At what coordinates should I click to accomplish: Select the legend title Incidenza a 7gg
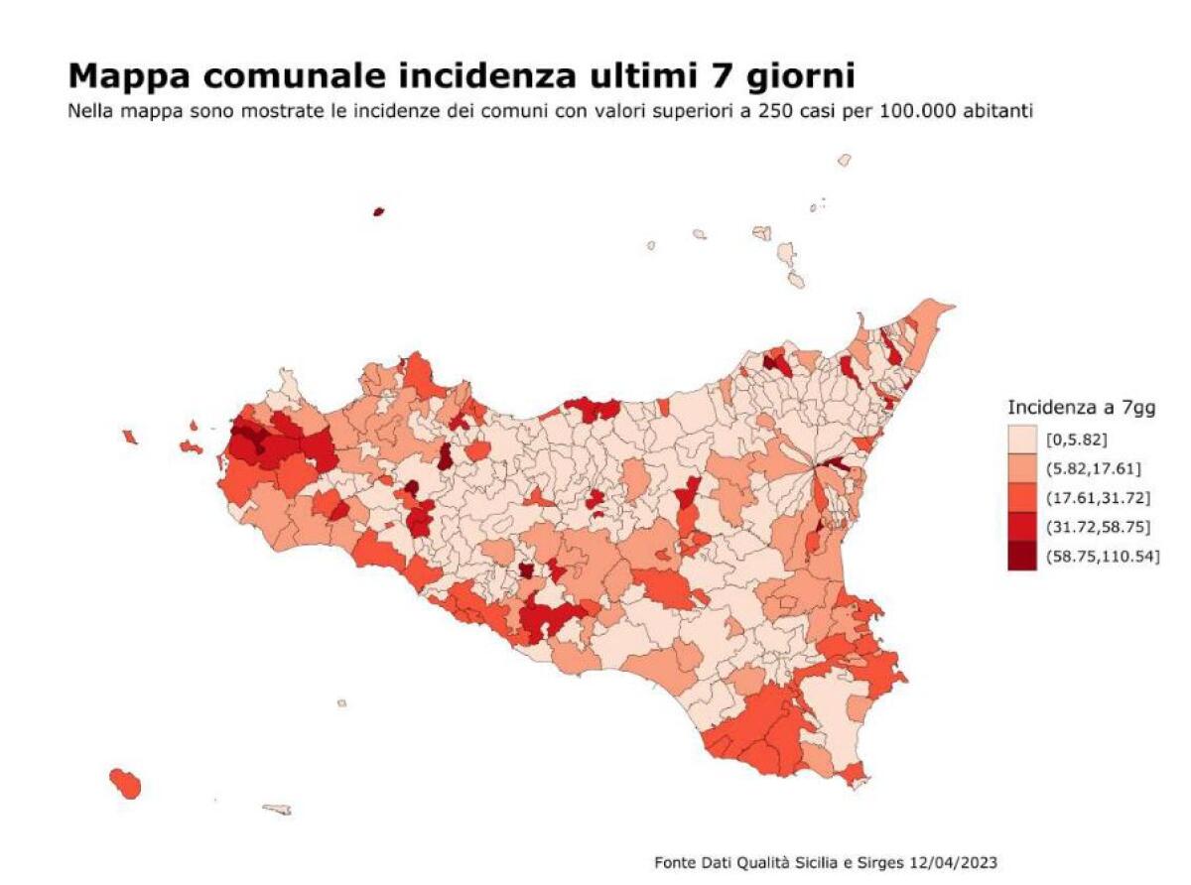[x=1081, y=407]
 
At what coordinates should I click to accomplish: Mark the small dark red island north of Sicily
[x=378, y=211]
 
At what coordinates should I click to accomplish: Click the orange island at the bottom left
[x=125, y=782]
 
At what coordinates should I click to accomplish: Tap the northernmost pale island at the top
[x=844, y=159]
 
